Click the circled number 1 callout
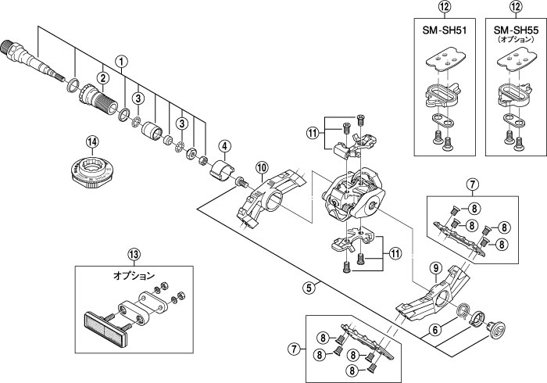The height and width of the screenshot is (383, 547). (121, 62)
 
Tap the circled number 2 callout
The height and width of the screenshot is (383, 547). (102, 78)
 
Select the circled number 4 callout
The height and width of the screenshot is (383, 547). (224, 146)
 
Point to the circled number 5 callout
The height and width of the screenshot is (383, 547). (309, 288)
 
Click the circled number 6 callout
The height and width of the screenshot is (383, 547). (434, 330)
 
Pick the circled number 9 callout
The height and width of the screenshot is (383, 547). (435, 268)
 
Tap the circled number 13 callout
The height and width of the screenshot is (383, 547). (134, 254)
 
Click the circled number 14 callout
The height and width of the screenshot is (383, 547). (92, 141)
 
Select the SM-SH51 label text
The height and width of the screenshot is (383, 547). (445, 30)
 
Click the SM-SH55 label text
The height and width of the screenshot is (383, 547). (516, 30)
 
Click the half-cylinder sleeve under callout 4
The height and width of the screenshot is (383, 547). (222, 169)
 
